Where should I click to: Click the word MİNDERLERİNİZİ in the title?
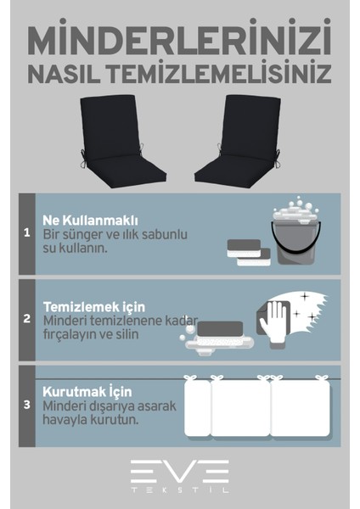179,41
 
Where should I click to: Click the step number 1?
26,232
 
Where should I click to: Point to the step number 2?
26,320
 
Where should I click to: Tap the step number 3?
26,406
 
